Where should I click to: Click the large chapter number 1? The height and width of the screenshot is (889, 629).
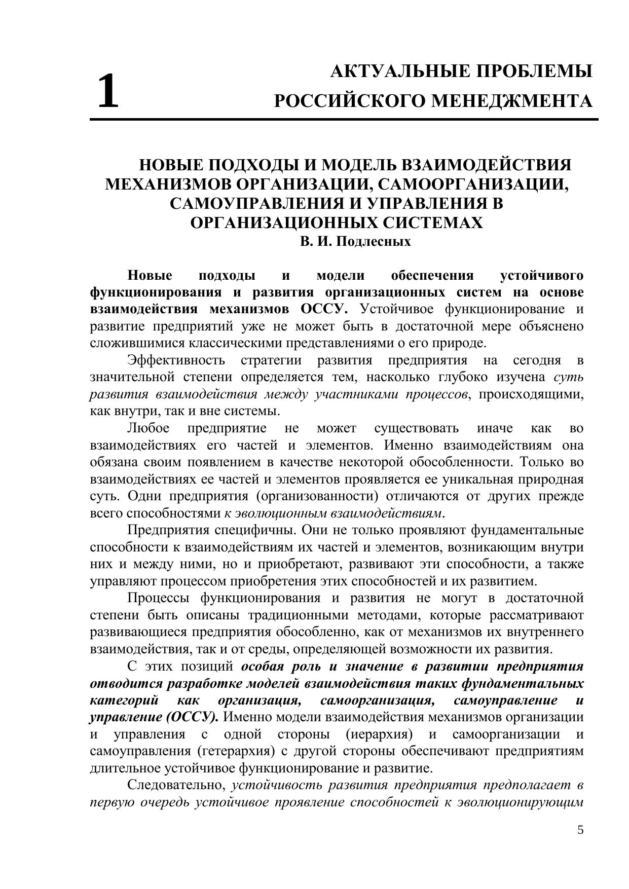pos(107,91)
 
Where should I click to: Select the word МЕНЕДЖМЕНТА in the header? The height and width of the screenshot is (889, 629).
pos(511,101)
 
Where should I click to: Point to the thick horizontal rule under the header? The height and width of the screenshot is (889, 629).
pos(344,120)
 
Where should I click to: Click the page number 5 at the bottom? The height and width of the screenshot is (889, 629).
pos(580,830)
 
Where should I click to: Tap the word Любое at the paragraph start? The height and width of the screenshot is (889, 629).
pos(148,428)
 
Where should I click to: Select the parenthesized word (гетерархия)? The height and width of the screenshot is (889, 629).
pos(233,751)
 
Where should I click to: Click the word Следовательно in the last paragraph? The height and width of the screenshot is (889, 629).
pos(176,785)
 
